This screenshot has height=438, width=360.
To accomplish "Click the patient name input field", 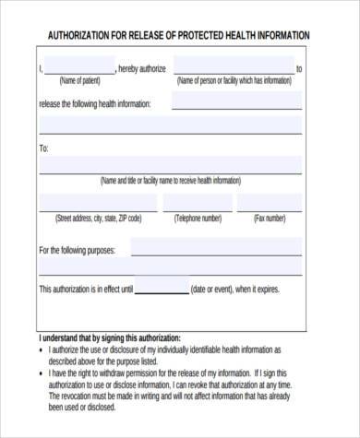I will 78,66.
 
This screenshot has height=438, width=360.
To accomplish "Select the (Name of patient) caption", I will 78,81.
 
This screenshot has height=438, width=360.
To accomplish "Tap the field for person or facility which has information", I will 234,66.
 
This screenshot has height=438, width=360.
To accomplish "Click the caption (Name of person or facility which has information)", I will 234,81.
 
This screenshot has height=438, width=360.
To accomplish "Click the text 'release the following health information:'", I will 95,103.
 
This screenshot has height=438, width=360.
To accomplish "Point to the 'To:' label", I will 44,148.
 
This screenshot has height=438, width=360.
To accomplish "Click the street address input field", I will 99,204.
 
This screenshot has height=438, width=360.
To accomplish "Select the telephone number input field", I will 198,204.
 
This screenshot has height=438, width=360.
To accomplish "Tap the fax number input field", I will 270,204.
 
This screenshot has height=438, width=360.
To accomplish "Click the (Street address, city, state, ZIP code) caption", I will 99,219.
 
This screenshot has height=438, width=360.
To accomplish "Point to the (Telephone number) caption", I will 198,219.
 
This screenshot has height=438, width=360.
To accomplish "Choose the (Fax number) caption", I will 270,219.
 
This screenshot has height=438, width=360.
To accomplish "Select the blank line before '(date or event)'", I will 162,288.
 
